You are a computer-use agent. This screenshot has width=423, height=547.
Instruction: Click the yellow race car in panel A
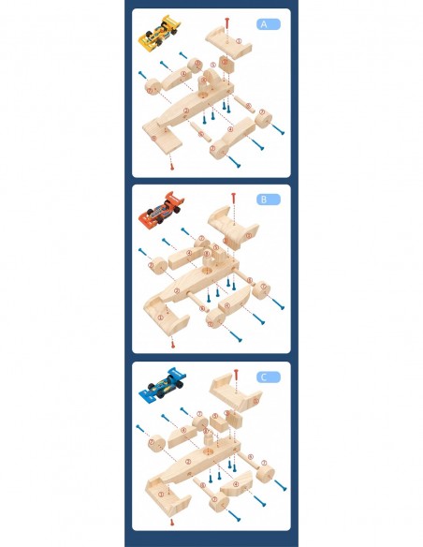tap(158, 33)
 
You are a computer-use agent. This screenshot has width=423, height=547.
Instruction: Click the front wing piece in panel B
tap(166, 317)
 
